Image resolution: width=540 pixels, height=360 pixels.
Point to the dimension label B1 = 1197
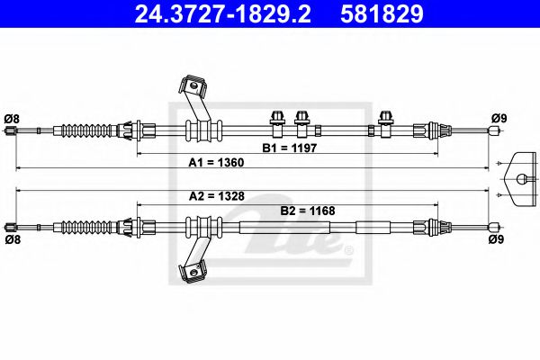[x=287, y=146]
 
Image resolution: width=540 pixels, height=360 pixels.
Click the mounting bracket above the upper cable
[x=191, y=90]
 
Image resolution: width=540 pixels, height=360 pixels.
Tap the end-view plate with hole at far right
[x=520, y=177]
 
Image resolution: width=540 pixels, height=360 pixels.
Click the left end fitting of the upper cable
[x=11, y=131]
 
